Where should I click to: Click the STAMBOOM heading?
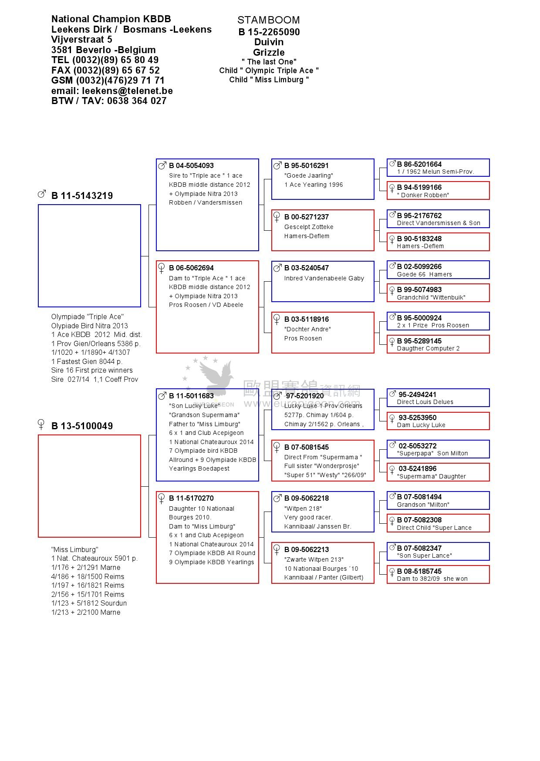click(x=268, y=20)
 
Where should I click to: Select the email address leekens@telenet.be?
click(x=127, y=91)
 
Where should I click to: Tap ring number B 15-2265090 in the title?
click(x=269, y=32)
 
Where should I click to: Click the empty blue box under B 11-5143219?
click(x=89, y=256)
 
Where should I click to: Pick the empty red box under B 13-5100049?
click(x=89, y=486)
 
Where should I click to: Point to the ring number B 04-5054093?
click(x=191, y=165)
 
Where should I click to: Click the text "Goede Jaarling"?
click(x=309, y=175)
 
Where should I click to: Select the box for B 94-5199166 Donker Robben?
click(x=438, y=191)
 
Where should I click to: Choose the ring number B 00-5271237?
click(x=307, y=217)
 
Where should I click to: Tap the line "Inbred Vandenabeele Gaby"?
click(x=324, y=278)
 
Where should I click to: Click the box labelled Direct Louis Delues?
click(x=438, y=398)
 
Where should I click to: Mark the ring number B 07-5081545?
click(x=307, y=447)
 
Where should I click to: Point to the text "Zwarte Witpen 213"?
click(x=314, y=559)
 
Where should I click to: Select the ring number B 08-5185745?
click(x=419, y=571)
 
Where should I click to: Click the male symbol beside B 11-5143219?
click(x=42, y=194)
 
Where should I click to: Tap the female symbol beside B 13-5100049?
click(x=41, y=424)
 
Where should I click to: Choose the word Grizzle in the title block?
click(x=269, y=52)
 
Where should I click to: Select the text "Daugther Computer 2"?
click(x=428, y=348)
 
